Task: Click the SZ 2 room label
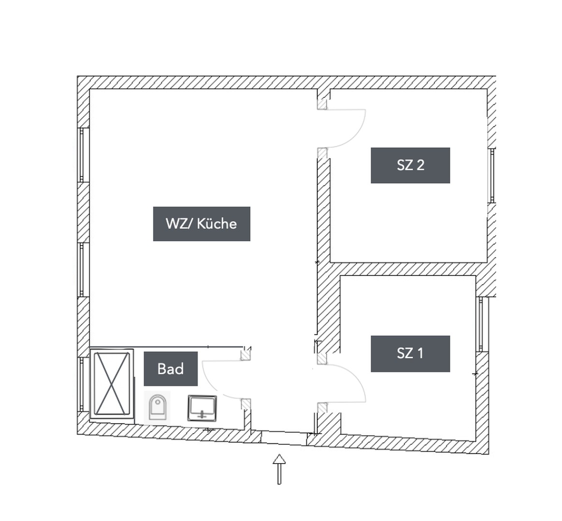click(410, 165)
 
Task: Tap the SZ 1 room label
click(410, 354)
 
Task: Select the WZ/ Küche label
click(202, 224)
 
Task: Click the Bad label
click(171, 369)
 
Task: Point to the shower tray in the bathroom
click(112, 384)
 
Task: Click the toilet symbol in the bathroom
click(158, 408)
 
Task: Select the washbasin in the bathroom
click(202, 408)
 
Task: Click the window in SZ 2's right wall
click(491, 175)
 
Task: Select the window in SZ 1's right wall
click(481, 324)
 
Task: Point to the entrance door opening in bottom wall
click(284, 437)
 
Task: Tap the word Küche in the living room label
click(217, 224)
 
